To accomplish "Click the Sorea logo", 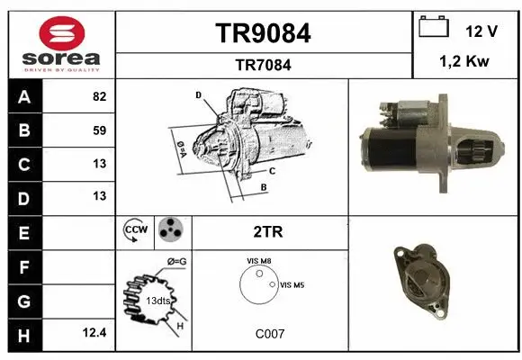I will (62, 44).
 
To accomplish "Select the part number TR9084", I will (264, 33).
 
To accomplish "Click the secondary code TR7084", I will (264, 66).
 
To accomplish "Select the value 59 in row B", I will (99, 130).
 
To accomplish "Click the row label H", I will (23, 333).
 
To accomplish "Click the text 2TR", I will (268, 231).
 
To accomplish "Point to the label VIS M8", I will (259, 261).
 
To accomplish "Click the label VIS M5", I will (293, 284).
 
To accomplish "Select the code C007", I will (269, 333).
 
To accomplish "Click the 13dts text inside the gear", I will (158, 300).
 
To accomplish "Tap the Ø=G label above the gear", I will (176, 261).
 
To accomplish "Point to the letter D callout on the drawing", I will (197, 94).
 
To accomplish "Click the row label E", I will (23, 232).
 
